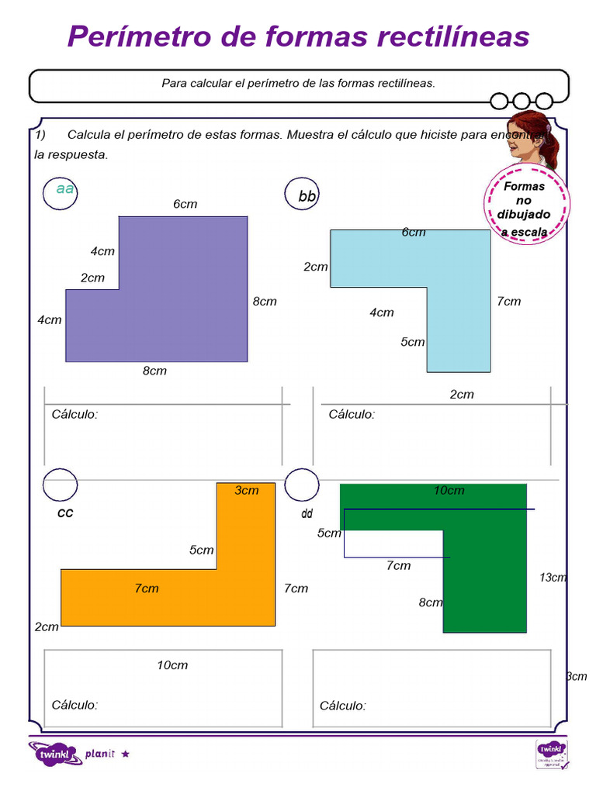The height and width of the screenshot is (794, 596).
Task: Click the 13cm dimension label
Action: click(x=553, y=578)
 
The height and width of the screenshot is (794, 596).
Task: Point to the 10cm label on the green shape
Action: click(x=449, y=490)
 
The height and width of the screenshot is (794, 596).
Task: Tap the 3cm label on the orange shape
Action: click(x=247, y=490)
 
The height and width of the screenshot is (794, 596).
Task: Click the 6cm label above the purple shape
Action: click(x=185, y=204)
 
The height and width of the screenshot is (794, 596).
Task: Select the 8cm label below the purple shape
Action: click(x=154, y=371)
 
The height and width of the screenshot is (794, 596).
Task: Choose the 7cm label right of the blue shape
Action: click(x=509, y=302)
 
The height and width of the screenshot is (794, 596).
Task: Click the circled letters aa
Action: click(x=65, y=189)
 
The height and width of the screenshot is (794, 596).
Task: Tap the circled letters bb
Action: click(x=307, y=197)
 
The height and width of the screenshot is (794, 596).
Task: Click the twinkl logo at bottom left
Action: click(x=54, y=753)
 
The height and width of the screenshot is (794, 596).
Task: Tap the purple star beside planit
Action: click(x=126, y=753)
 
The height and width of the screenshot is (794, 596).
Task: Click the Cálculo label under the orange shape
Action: click(x=74, y=705)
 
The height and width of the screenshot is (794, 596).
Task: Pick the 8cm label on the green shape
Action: click(x=431, y=602)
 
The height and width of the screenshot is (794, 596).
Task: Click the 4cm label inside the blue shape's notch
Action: click(x=381, y=313)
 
